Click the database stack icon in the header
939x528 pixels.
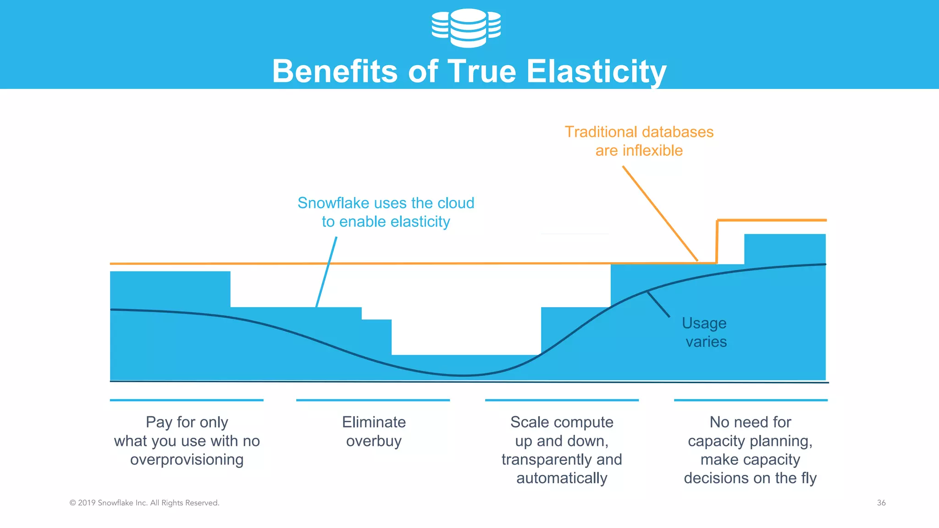coord(466,27)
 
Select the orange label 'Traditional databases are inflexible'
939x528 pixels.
coord(639,141)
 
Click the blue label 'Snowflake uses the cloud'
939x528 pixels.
coord(386,203)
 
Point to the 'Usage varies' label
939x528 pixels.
coord(705,332)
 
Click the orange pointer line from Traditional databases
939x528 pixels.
coord(660,214)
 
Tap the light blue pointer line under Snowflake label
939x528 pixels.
coord(326,272)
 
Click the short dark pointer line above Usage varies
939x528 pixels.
coord(658,304)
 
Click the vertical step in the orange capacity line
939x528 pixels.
coord(717,242)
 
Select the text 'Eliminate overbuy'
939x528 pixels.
coord(374,431)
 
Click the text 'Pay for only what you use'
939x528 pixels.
coord(187,431)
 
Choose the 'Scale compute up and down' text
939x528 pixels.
coord(562,431)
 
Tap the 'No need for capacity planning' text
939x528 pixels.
coord(750,431)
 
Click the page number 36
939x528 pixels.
coord(881,503)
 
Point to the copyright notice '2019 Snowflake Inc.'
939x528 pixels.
coord(144,503)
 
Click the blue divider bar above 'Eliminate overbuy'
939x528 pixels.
coord(373,400)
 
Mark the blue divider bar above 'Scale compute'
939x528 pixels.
coord(562,400)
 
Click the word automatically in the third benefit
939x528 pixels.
coord(562,478)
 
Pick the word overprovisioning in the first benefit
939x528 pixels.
coord(187,460)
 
